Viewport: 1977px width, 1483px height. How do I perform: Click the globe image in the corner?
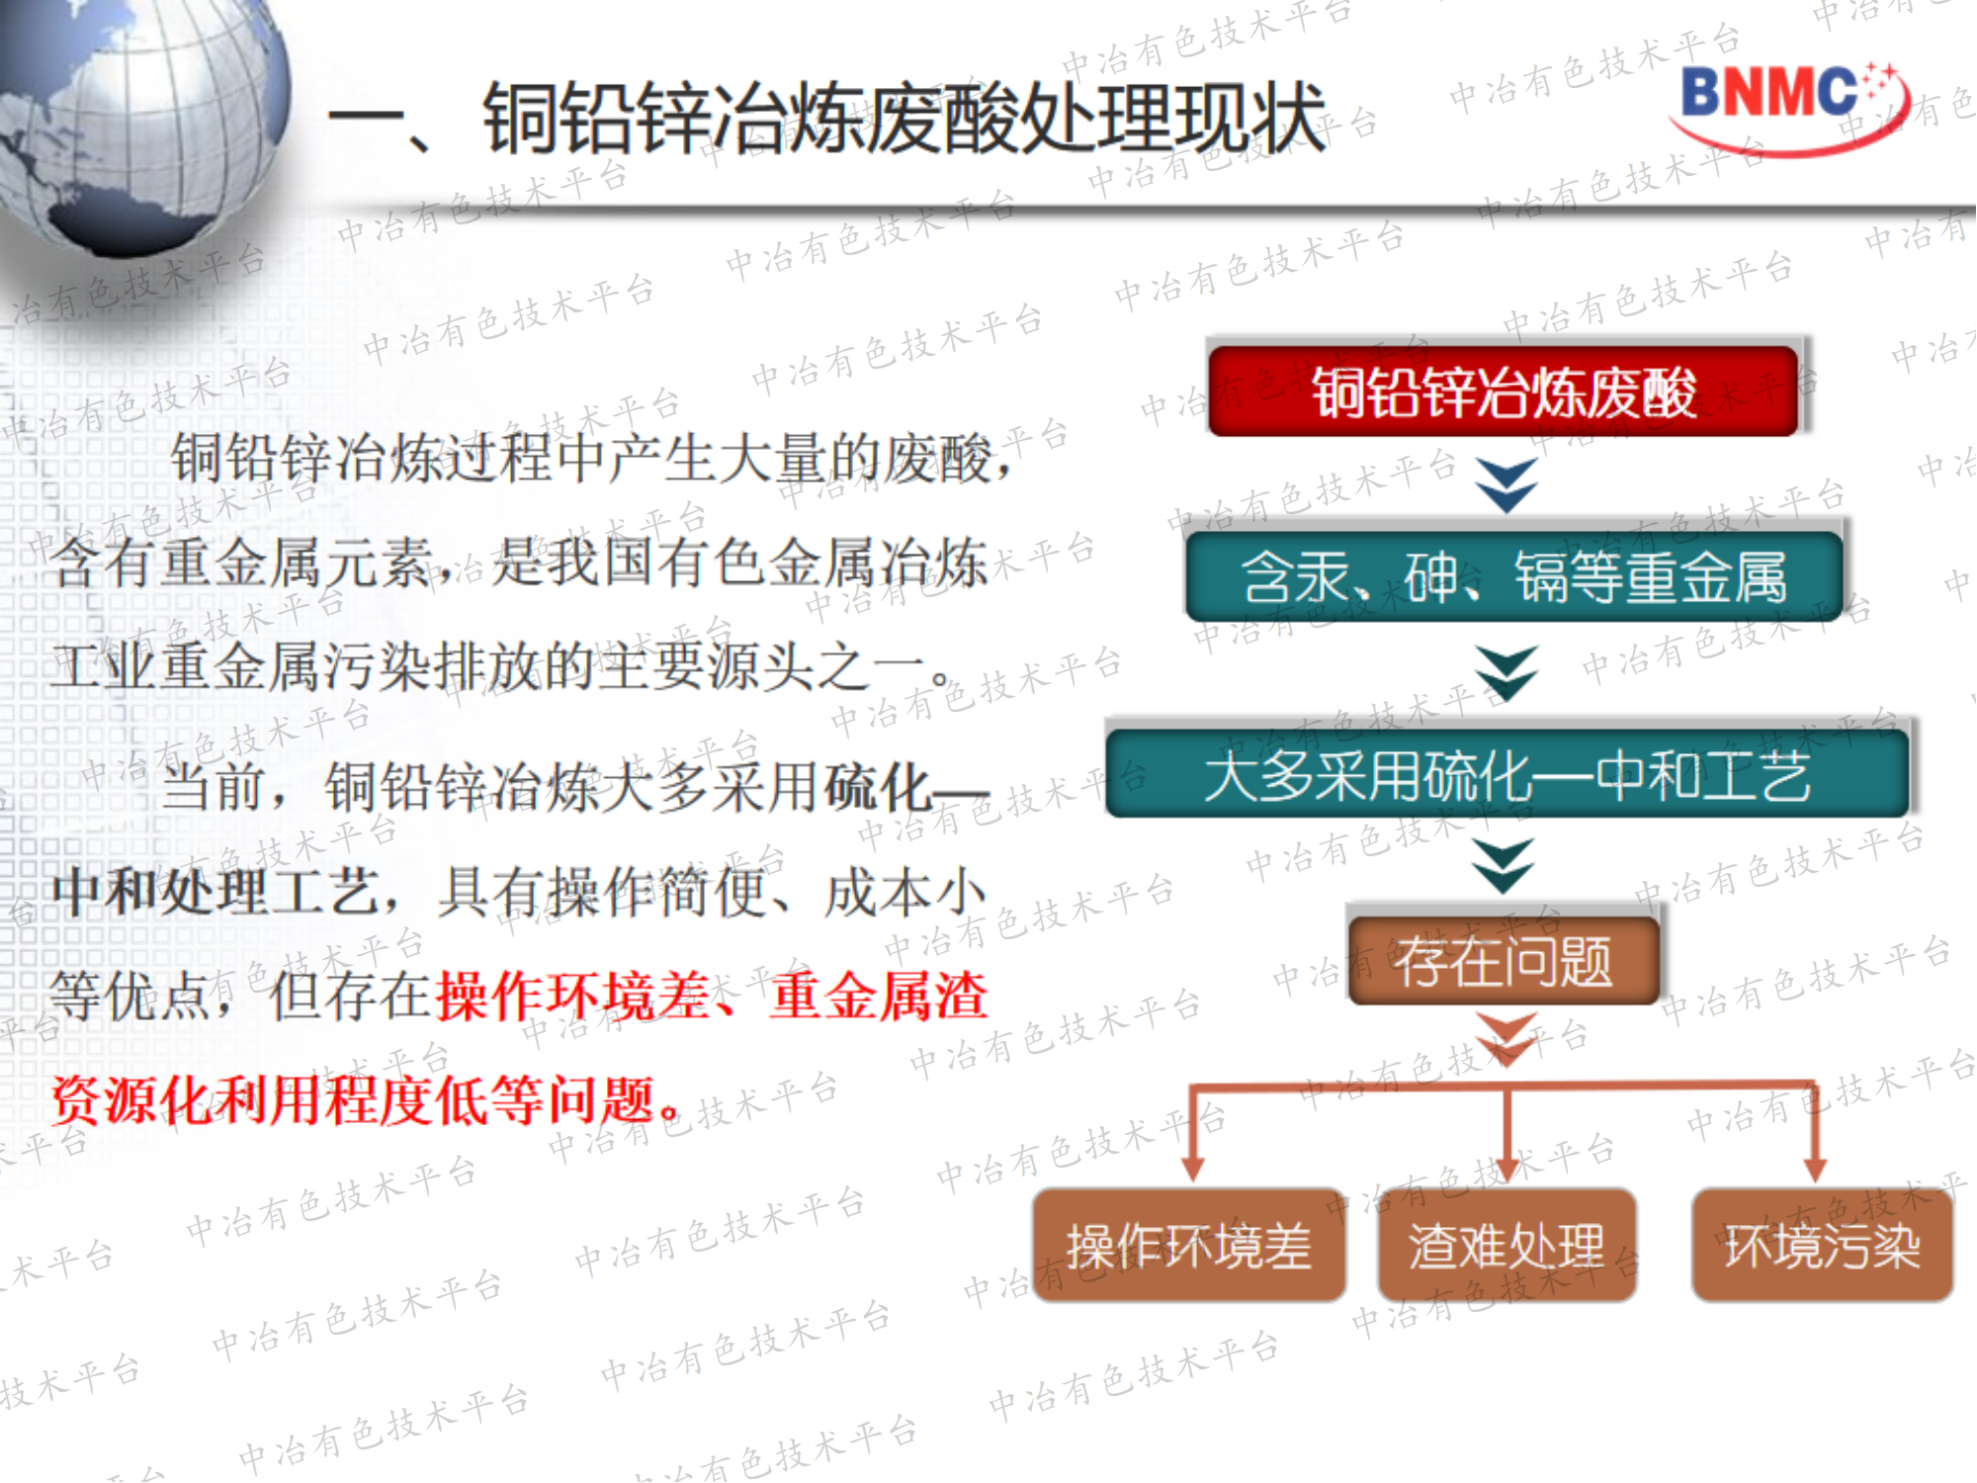(138, 119)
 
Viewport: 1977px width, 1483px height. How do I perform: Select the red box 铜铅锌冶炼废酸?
(1503, 391)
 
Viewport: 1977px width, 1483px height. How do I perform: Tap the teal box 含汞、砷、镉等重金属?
(1513, 576)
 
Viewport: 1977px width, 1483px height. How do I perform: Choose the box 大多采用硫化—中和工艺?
(1507, 774)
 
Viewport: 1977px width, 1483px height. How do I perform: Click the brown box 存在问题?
(1503, 960)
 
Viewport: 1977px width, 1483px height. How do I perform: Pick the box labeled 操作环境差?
(1189, 1245)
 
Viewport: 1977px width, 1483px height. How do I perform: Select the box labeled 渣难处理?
(1506, 1245)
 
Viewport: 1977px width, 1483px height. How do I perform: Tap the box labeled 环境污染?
(1822, 1245)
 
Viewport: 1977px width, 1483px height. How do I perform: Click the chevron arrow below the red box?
(1505, 484)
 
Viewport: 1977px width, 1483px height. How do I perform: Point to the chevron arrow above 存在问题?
(1504, 866)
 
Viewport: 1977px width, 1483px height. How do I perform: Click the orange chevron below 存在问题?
(1505, 1038)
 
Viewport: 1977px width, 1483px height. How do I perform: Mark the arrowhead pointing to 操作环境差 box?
(1193, 1167)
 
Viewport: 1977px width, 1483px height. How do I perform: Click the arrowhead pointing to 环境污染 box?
(1814, 1167)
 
